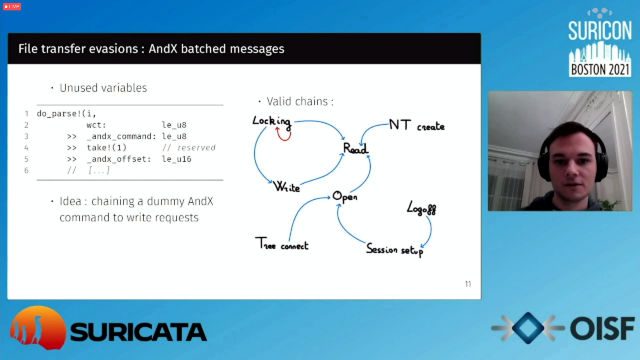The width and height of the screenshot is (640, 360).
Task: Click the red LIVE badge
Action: (x=12, y=6)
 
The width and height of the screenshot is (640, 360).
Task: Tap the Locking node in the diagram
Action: (x=272, y=121)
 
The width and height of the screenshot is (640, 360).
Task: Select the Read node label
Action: (x=355, y=148)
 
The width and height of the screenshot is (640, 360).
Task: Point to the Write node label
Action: (x=286, y=187)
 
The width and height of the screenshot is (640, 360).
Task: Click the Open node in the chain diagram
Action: (x=345, y=197)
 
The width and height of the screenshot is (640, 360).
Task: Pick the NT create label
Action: (x=417, y=125)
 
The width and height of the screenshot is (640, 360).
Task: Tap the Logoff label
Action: (x=421, y=208)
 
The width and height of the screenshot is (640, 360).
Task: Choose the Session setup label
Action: (x=395, y=250)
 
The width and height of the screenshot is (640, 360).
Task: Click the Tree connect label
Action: (x=282, y=243)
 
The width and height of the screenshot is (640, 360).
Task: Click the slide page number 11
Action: (x=468, y=284)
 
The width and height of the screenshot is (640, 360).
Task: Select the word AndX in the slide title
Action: (x=163, y=49)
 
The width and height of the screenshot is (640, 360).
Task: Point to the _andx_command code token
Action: (x=121, y=136)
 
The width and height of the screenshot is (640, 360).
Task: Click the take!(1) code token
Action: (x=107, y=147)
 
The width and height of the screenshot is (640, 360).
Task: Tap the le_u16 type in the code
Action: (x=177, y=159)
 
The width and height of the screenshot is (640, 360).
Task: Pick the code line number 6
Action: (x=26, y=170)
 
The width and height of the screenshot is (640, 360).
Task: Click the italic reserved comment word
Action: (x=196, y=147)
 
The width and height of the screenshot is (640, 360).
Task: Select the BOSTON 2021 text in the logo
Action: (x=600, y=69)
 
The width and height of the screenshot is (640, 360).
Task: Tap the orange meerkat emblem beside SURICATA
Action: (x=37, y=328)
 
